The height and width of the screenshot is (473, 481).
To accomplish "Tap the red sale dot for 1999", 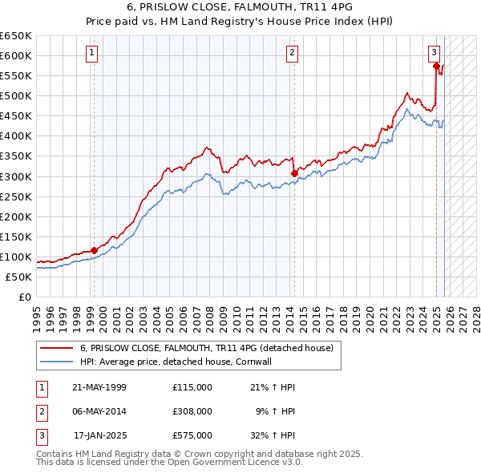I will coord(94,250).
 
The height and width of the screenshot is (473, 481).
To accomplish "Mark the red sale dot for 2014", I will coord(294,172).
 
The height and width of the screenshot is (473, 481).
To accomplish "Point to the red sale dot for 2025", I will coord(437,67).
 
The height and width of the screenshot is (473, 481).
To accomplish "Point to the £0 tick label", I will coord(24,297).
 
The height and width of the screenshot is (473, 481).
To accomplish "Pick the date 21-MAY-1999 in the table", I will coord(99,387).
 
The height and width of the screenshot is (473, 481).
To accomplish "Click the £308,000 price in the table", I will coord(192,411).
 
